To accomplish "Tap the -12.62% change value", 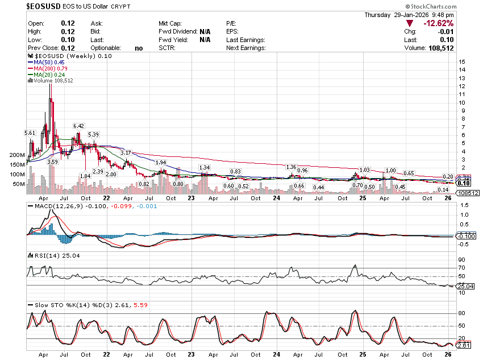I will click(x=438, y=23).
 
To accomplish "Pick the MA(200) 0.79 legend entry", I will click(x=49, y=68).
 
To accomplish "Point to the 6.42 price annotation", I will click(x=78, y=126).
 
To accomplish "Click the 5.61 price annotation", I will click(x=30, y=133).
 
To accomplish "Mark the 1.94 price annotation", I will click(x=160, y=163).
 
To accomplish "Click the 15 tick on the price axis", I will click(x=463, y=61).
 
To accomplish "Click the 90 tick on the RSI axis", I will click(x=463, y=259).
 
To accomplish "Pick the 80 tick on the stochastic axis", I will click(x=463, y=313).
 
